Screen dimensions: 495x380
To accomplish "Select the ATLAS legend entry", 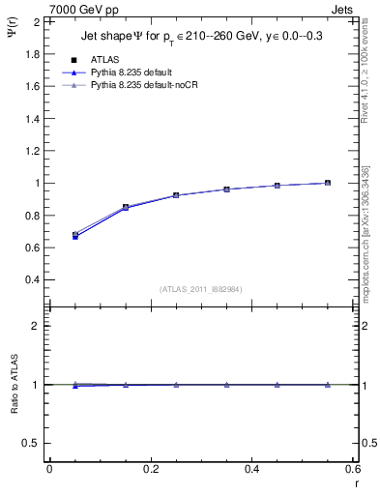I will pyautogui.click(x=104, y=59).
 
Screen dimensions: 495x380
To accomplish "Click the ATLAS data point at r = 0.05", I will pyautogui.click(x=74, y=235).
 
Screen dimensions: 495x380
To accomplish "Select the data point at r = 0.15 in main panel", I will pyautogui.click(x=125, y=207).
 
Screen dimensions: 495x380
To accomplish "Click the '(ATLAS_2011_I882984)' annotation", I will pyautogui.click(x=201, y=288).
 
